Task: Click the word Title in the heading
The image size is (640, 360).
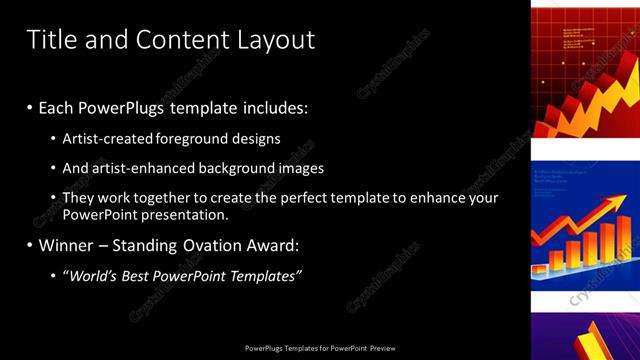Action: tap(50, 40)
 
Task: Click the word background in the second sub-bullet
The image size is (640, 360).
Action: tap(237, 169)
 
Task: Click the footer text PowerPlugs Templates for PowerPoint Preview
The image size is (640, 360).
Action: tap(320, 348)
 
